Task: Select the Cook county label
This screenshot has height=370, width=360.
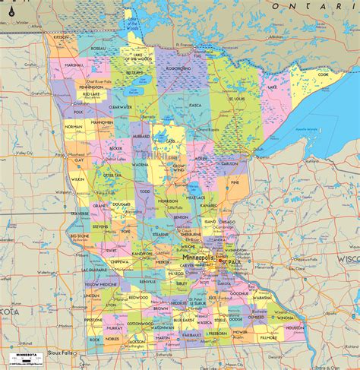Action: (x=324, y=74)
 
